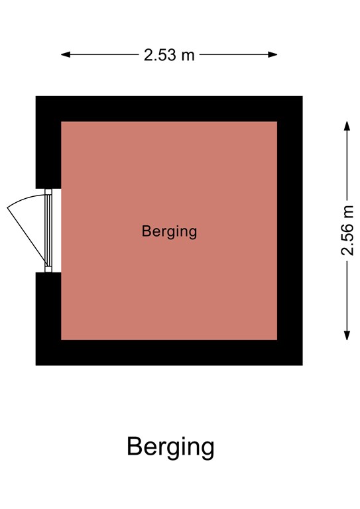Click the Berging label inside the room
click(169, 232)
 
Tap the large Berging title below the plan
click(170, 447)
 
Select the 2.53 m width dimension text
click(169, 55)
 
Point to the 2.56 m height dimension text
click(347, 231)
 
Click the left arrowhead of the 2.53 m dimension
click(65, 54)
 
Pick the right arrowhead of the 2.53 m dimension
click(272, 54)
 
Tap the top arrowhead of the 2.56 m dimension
click(347, 126)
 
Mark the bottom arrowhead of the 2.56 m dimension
click(347, 335)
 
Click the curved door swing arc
click(25, 198)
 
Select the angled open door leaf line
click(27, 236)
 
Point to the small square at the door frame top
click(48, 192)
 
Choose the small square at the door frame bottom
click(48, 269)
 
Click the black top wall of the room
click(169, 109)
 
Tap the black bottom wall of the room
click(169, 353)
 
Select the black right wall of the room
click(290, 231)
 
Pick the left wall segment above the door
click(48, 142)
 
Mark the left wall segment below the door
click(48, 319)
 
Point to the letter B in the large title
click(134, 446)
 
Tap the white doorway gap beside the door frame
click(56, 231)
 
